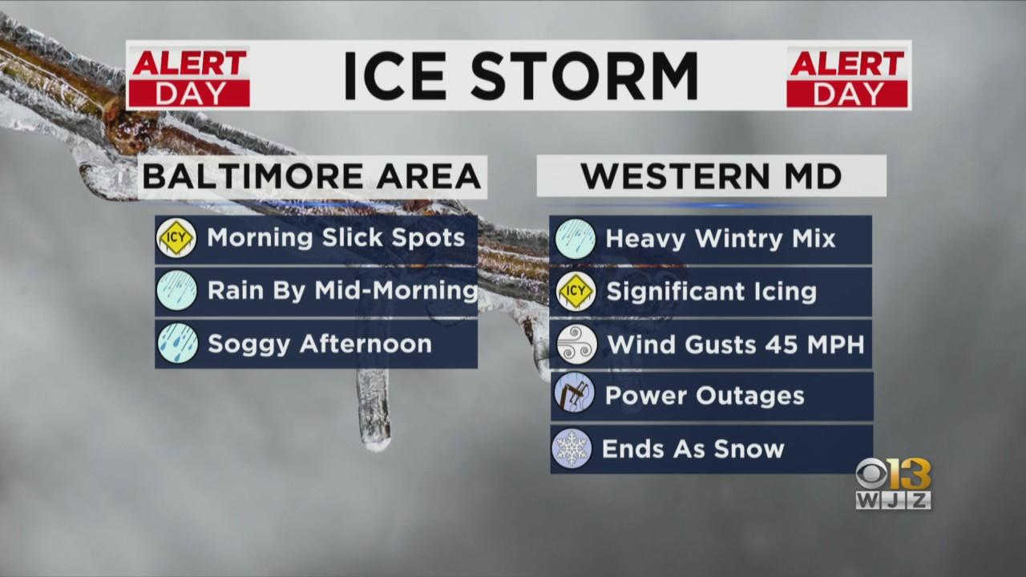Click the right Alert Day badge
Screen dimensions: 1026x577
(x=847, y=77)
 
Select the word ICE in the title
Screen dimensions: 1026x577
(x=395, y=76)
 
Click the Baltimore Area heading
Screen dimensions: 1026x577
(x=313, y=177)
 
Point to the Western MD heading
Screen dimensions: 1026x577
(x=711, y=176)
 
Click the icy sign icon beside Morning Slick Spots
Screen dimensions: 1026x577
(x=176, y=238)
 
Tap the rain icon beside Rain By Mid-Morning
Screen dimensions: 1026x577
(x=177, y=290)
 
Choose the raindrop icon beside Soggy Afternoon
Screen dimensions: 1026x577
(x=178, y=343)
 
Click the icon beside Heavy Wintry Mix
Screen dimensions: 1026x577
(x=576, y=239)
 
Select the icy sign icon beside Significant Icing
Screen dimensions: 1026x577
(x=576, y=291)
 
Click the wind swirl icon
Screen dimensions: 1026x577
(x=576, y=345)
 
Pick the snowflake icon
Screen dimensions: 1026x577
(x=572, y=448)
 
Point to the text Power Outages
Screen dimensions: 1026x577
(x=705, y=396)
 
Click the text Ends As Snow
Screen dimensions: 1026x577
(x=693, y=449)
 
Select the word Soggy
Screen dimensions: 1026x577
(x=248, y=345)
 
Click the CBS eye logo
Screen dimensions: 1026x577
(x=871, y=474)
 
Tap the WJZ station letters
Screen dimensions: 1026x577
(x=893, y=501)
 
